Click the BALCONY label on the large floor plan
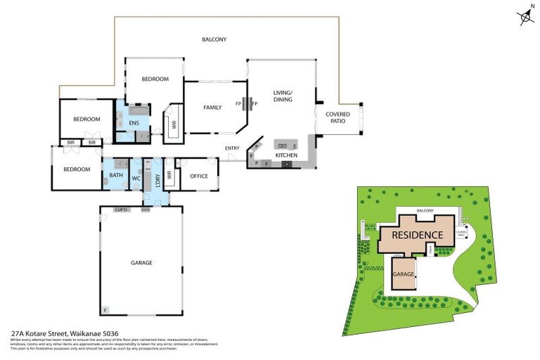pyautogui.click(x=214, y=40)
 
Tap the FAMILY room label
pyautogui.click(x=212, y=108)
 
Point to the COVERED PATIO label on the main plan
pyautogui.click(x=338, y=117)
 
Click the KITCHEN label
pyautogui.click(x=286, y=155)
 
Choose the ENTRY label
pyautogui.click(x=232, y=148)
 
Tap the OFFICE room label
pyautogui.click(x=199, y=176)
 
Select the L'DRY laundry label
pyautogui.click(x=157, y=178)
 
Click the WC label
pyautogui.click(x=136, y=179)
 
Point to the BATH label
pyautogui.click(x=116, y=176)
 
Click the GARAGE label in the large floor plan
pyautogui.click(x=141, y=263)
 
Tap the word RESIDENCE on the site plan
pyautogui.click(x=417, y=236)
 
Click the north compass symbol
pyautogui.click(x=527, y=15)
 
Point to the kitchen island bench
pyautogui.click(x=285, y=144)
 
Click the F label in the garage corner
pyautogui.click(x=105, y=309)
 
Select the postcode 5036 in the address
pyautogui.click(x=109, y=334)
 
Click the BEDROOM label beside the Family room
pyautogui.click(x=155, y=79)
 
